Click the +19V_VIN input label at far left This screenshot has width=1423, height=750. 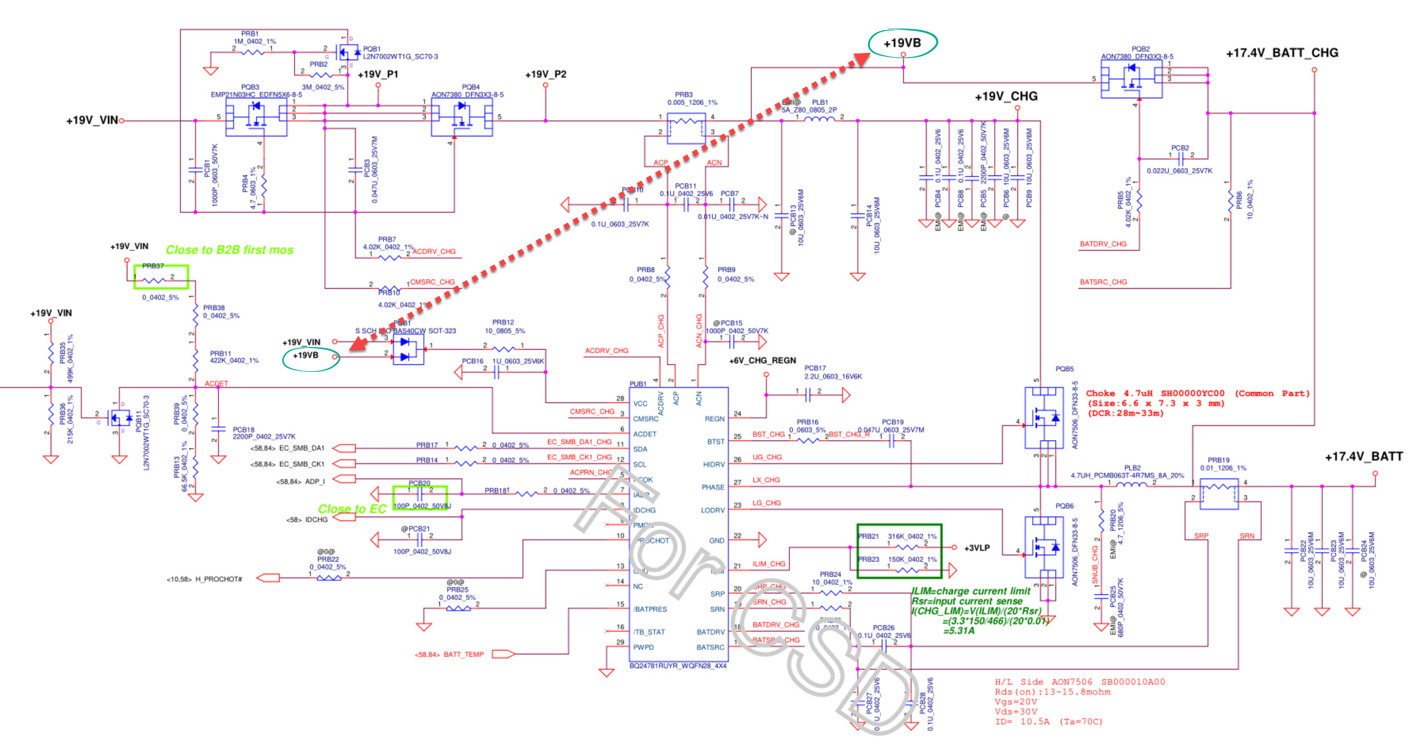(x=91, y=121)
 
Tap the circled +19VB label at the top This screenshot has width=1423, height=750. (x=902, y=43)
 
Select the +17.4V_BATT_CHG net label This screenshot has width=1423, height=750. (x=1281, y=53)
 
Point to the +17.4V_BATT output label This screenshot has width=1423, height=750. (x=1363, y=456)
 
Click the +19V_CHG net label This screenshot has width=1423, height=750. (x=1006, y=97)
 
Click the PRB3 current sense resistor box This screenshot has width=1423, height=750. (x=686, y=128)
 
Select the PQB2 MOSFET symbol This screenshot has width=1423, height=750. (x=1131, y=79)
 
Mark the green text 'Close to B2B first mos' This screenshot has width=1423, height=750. (x=229, y=250)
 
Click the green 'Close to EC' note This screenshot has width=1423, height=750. (x=352, y=508)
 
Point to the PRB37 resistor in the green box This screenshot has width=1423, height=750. (x=161, y=278)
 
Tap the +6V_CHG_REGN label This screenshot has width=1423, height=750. (x=762, y=360)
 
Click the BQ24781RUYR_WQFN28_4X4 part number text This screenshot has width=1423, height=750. (x=678, y=666)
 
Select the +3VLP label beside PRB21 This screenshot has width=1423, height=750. (x=977, y=548)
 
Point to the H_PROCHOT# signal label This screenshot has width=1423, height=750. (x=218, y=579)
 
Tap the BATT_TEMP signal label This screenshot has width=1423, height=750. (x=463, y=654)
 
